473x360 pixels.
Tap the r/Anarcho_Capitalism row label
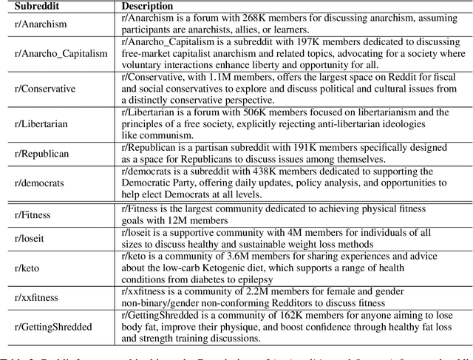point(56,53)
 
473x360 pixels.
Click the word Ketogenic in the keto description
point(239,269)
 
